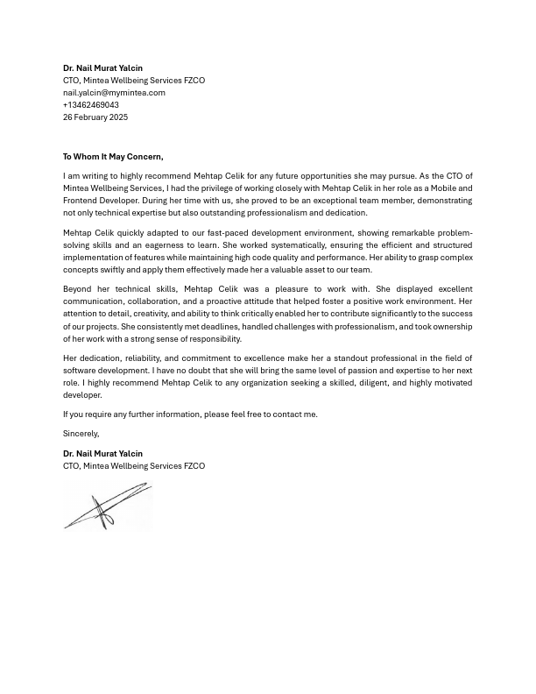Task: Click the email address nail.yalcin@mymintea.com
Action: pyautogui.click(x=114, y=92)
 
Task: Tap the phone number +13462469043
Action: pyautogui.click(x=91, y=104)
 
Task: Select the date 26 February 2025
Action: pyautogui.click(x=95, y=117)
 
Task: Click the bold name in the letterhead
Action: pyautogui.click(x=102, y=67)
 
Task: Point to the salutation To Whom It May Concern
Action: pyautogui.click(x=113, y=157)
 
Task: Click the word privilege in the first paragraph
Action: pyautogui.click(x=220, y=188)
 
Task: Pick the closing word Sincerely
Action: pyautogui.click(x=81, y=434)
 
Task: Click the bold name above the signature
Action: pyautogui.click(x=102, y=453)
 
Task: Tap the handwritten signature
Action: pyautogui.click(x=107, y=507)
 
